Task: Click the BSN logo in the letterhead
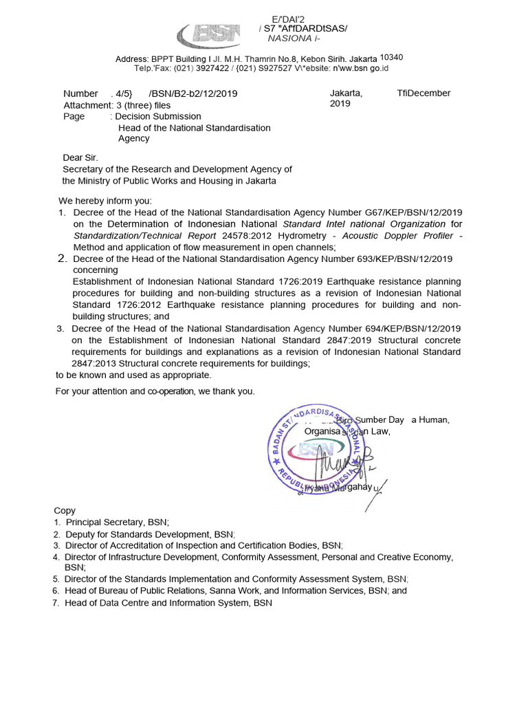click(208, 34)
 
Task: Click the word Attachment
click(87, 105)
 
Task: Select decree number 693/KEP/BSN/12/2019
click(405, 258)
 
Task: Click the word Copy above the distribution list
click(65, 511)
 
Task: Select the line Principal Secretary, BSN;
click(117, 522)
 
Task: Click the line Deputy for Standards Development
click(150, 534)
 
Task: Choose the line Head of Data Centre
click(168, 603)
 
